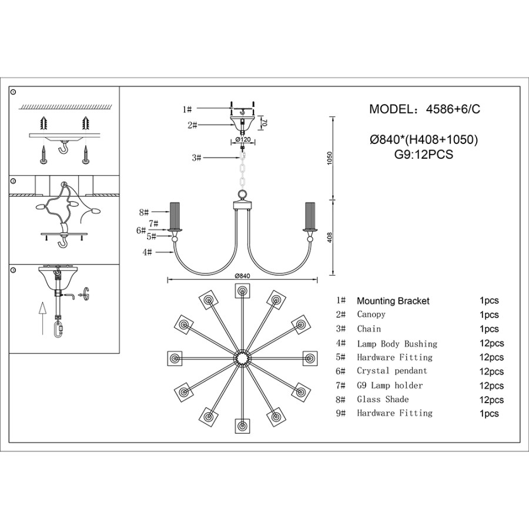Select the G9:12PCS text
424,155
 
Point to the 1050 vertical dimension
330,158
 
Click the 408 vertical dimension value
330,237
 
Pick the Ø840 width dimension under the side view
242,276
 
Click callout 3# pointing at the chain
196,158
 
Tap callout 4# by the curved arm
146,252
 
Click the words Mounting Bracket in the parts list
393,301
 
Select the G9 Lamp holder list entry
390,386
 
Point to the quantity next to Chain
489,329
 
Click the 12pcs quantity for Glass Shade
491,400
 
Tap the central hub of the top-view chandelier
242,358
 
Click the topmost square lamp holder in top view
242,290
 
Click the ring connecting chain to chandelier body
242,195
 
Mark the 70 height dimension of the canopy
265,123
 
